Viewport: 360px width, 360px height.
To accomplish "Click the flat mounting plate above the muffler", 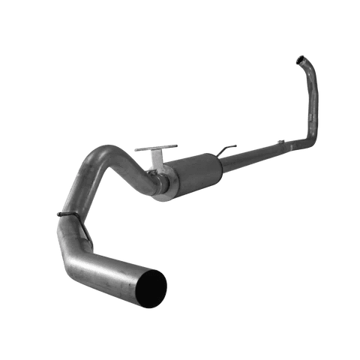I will point(156,148).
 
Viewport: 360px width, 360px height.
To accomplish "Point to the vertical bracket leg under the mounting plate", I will point(157,161).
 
